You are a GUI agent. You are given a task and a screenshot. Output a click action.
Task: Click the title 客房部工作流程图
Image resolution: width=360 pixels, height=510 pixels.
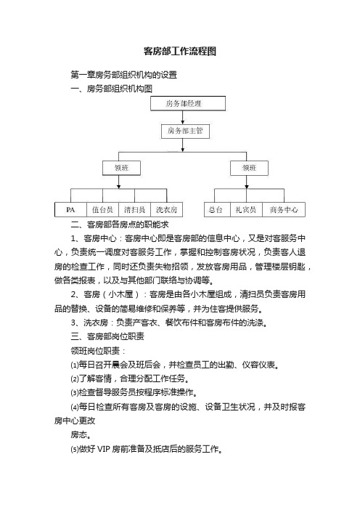click(180, 51)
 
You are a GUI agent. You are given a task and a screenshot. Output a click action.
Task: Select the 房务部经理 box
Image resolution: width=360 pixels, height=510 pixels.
click(188, 103)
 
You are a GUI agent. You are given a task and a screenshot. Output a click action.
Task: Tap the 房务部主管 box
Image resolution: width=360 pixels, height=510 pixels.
click(186, 131)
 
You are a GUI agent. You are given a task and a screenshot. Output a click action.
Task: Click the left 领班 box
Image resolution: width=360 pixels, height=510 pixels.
click(121, 168)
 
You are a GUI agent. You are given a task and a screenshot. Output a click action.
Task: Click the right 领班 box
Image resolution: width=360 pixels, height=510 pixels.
click(249, 168)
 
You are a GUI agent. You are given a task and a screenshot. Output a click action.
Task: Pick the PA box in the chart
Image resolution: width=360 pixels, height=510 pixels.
click(70, 210)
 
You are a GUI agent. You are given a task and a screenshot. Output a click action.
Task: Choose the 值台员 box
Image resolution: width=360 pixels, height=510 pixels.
click(102, 210)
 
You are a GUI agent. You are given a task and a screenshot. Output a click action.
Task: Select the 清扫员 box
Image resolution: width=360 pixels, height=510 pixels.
click(134, 210)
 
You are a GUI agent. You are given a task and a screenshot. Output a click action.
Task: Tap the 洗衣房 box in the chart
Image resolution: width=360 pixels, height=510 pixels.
click(166, 210)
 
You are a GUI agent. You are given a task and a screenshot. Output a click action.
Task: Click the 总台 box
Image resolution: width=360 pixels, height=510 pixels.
click(217, 210)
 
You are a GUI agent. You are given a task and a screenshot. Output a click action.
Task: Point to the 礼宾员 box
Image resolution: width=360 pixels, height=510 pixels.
click(246, 210)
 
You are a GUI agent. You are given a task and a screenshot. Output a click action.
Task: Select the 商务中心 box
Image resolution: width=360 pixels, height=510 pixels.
click(284, 210)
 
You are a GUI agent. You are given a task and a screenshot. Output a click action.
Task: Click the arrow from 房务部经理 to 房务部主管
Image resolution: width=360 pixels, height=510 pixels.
click(183, 117)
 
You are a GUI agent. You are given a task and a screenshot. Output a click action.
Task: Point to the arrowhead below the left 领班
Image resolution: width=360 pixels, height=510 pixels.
click(118, 187)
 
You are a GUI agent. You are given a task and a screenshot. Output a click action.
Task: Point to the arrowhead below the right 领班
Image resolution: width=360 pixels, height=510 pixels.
click(247, 187)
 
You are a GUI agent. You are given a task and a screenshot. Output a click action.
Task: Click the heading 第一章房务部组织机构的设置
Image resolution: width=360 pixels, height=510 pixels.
click(124, 75)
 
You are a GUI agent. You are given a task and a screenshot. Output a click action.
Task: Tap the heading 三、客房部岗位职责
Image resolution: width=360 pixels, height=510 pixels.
click(107, 336)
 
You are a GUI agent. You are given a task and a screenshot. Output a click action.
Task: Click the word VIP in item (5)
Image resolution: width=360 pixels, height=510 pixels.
click(103, 449)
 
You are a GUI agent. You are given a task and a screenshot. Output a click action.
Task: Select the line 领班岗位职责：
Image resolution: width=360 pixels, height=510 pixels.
click(98, 351)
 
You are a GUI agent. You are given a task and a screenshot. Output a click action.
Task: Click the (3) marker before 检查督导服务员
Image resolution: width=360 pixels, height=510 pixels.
click(75, 392)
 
